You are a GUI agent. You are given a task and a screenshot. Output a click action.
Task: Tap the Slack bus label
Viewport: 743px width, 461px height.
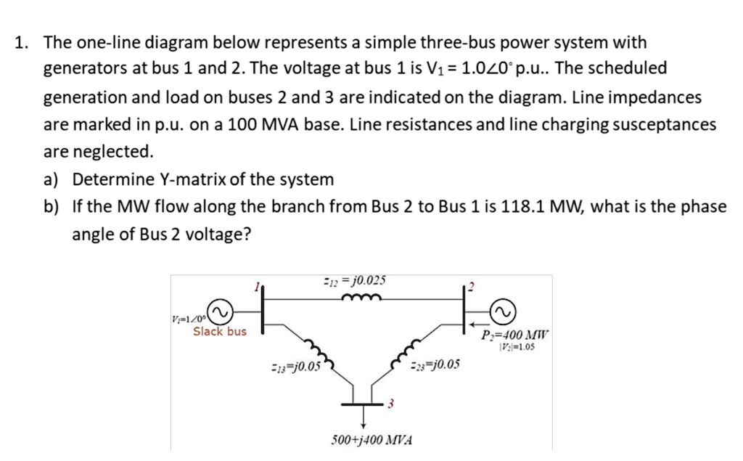[x=219, y=332]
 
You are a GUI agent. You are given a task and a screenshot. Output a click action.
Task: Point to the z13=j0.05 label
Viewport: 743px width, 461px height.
[x=295, y=365]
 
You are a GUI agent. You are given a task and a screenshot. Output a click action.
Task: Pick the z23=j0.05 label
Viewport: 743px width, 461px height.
[x=435, y=364]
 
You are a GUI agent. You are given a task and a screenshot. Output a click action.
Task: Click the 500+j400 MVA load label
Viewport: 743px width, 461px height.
[x=371, y=440]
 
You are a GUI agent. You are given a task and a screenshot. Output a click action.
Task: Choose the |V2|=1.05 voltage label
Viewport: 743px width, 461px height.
[x=517, y=346]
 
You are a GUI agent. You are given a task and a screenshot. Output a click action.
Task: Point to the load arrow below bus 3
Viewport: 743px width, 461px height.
[x=364, y=419]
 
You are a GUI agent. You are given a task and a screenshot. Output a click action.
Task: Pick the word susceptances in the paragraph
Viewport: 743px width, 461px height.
[x=664, y=124]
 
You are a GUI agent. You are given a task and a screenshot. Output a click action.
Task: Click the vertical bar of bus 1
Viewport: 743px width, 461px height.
[x=262, y=309]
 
